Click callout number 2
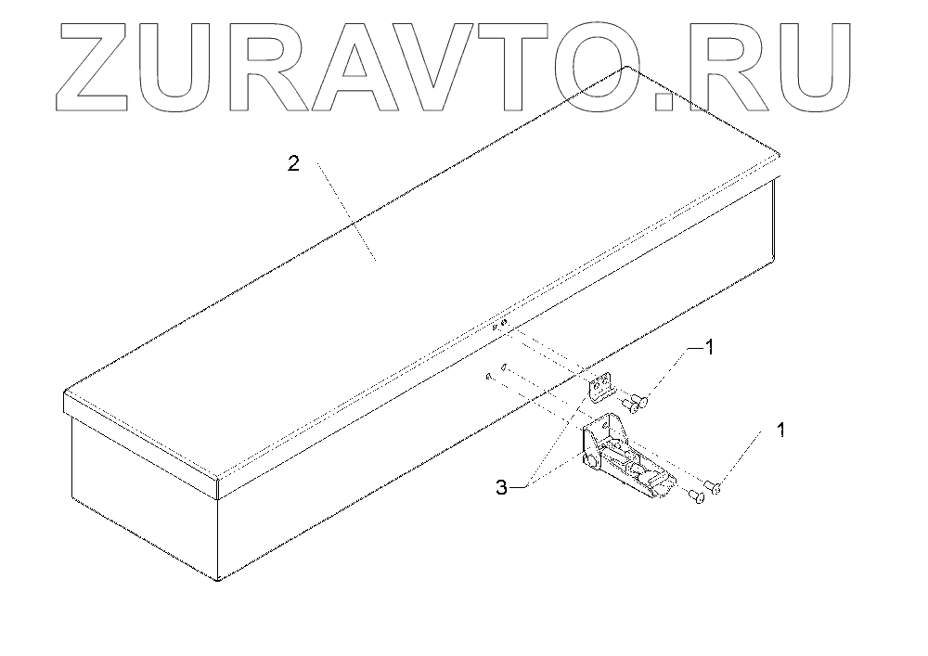[x=293, y=164]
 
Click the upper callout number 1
[x=710, y=348]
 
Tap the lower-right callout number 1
[x=780, y=431]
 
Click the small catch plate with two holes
[x=603, y=387]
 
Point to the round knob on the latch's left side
[x=590, y=460]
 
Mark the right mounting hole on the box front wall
[x=503, y=367]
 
